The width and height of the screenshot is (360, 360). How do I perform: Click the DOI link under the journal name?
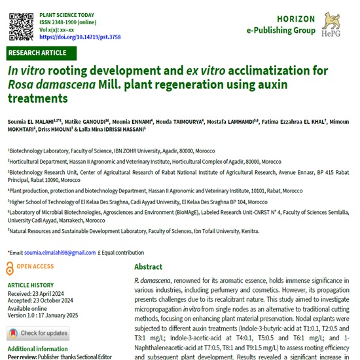pyautogui.click(x=80, y=37)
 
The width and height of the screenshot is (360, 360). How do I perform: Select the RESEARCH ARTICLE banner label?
pyautogui.click(x=37, y=52)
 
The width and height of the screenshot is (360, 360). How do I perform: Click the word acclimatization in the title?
pyautogui.click(x=256, y=71)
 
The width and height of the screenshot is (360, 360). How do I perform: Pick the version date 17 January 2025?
pyautogui.click(x=67, y=315)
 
